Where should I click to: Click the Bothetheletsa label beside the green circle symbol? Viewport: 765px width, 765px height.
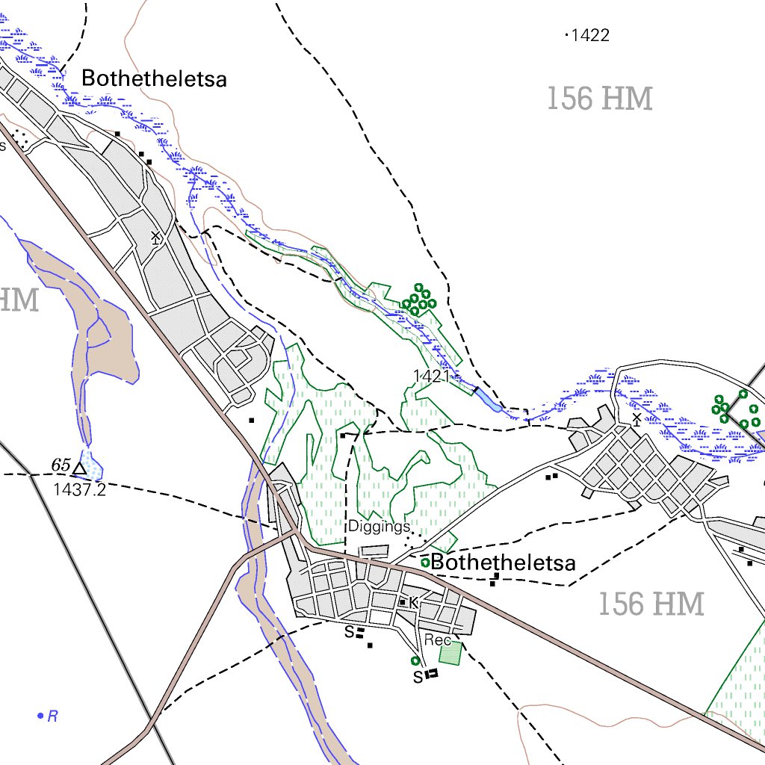pos(504,563)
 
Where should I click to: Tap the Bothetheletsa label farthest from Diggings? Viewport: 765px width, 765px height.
pos(154,79)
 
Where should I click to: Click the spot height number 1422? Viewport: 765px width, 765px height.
pos(590,35)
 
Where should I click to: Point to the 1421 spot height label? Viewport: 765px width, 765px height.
pos(431,376)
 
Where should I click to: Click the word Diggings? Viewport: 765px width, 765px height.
pos(379,527)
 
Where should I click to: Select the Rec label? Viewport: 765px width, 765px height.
pos(437,640)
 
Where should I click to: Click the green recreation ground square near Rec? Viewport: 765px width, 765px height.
pos(450,653)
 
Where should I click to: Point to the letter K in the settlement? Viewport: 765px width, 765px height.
pos(413,601)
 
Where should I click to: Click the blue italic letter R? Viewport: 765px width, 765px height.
pos(53,717)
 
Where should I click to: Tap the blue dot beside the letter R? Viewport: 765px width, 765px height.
pos(40,716)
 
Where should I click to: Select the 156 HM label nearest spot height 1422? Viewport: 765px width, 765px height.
pos(599,99)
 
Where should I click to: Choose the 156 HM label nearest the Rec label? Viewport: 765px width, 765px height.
pos(651,604)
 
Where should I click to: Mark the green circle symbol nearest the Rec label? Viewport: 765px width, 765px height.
pos(415,660)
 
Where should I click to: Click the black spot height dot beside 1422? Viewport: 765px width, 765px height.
pos(567,34)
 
